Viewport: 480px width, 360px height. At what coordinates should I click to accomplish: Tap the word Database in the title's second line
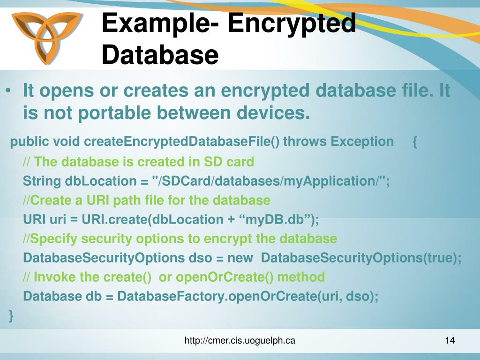click(160, 54)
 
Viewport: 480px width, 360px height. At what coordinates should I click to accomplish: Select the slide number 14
click(450, 341)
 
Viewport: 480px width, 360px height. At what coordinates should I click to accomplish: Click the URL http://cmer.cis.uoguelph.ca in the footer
click(240, 341)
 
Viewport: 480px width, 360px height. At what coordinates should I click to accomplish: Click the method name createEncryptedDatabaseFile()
click(182, 142)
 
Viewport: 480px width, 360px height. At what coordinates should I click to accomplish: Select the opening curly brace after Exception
click(415, 142)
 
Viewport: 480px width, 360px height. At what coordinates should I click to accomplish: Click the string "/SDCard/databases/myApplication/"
click(269, 181)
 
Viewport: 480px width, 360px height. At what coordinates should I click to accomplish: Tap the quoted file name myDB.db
click(272, 219)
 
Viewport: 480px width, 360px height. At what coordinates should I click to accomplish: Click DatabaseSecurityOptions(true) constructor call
click(360, 258)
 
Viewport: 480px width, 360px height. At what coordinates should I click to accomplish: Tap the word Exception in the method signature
click(362, 142)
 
